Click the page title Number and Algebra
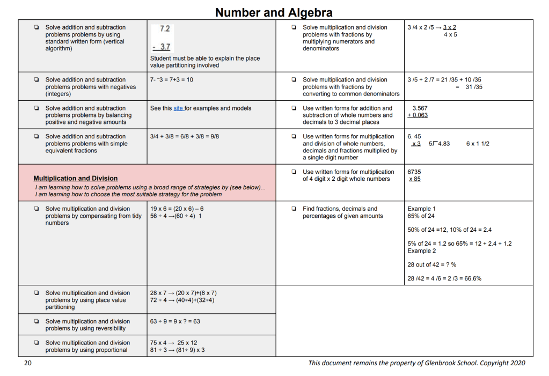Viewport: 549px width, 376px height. (274, 12)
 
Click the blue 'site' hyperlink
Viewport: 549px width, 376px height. (178, 108)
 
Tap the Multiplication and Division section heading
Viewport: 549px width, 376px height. (76, 178)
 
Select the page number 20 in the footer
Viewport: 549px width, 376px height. (28, 363)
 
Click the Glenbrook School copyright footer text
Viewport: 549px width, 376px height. (416, 363)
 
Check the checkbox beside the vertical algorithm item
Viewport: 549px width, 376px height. (36, 27)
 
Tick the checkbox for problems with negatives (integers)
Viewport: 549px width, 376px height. (36, 80)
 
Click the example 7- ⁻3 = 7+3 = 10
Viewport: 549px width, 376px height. (172, 80)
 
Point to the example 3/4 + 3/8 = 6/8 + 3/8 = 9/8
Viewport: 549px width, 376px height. (185, 137)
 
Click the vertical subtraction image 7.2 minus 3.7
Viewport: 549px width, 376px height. (162, 38)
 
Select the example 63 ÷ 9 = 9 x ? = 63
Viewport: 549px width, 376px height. (175, 322)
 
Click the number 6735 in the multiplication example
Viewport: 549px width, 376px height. (414, 172)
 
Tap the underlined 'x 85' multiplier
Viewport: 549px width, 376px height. (414, 179)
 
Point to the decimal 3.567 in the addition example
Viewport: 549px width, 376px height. (420, 108)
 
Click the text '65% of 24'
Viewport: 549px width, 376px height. (421, 216)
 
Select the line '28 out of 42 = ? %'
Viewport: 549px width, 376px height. (432, 264)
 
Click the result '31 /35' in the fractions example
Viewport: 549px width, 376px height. (473, 87)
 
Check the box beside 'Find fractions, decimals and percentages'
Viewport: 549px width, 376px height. (294, 209)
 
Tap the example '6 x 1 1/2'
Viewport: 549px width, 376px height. (478, 144)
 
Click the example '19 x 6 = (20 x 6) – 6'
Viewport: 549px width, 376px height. (177, 209)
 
